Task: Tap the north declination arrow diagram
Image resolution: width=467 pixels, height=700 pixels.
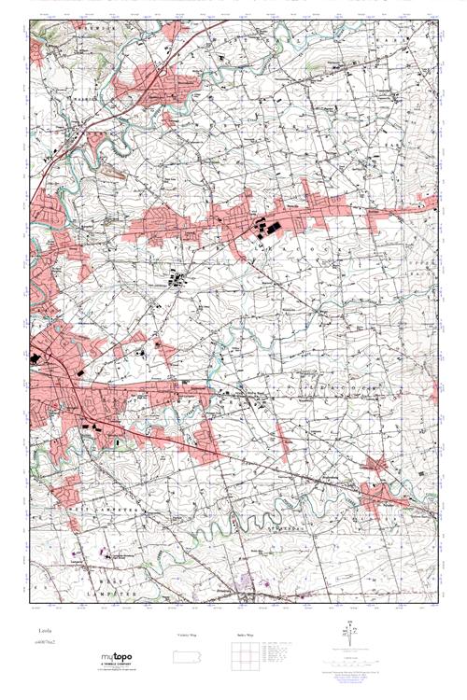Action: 351,636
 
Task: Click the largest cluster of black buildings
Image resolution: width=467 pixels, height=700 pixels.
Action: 270,227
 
